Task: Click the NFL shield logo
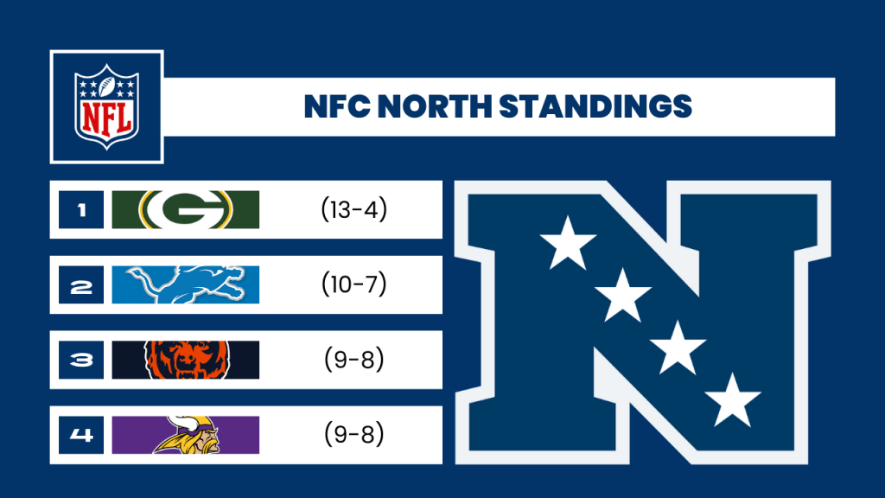[x=106, y=106]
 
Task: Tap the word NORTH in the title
[x=435, y=106]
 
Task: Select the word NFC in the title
[x=337, y=106]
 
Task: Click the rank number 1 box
[x=81, y=209]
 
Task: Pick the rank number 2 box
[x=81, y=284]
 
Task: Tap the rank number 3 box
[x=81, y=360]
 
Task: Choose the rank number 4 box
[x=81, y=435]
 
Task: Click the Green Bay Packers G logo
[x=186, y=209]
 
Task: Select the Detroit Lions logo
[x=186, y=284]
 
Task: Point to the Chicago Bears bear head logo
[x=187, y=360]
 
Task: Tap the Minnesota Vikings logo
[x=188, y=435]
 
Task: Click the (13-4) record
[x=353, y=209]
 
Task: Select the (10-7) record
[x=353, y=284]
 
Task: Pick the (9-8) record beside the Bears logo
[x=353, y=359]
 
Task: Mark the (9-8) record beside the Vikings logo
[x=353, y=434]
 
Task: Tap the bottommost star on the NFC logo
[x=733, y=401]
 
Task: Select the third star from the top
[x=678, y=348]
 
